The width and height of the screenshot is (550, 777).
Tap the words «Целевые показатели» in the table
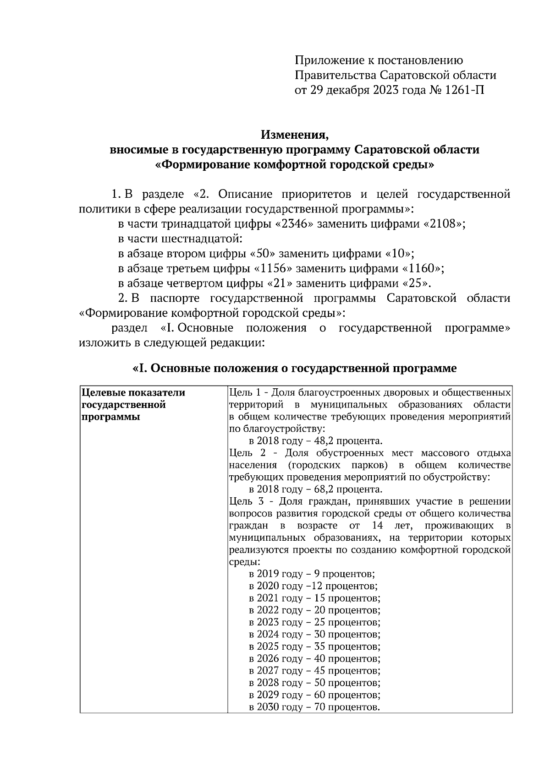coord(133,393)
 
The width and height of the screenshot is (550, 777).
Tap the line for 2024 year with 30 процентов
coord(314,635)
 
